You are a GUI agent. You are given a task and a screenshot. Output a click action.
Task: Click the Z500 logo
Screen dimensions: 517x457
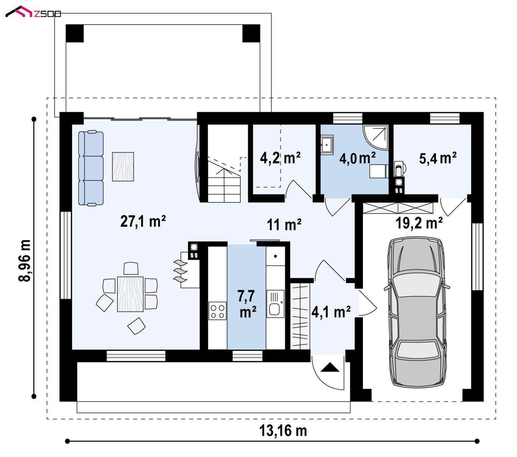pyautogui.click(x=33, y=12)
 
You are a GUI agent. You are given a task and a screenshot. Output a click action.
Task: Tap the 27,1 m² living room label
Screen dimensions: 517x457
pyautogui.click(x=143, y=221)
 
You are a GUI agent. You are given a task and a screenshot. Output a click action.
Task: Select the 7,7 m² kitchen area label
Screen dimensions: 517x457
pyautogui.click(x=247, y=304)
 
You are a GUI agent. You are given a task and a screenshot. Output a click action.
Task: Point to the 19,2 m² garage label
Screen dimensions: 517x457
pyautogui.click(x=419, y=223)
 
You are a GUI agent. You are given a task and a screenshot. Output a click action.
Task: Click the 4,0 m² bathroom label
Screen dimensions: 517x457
pyautogui.click(x=357, y=158)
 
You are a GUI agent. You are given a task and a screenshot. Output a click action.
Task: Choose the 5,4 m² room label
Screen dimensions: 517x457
pyautogui.click(x=438, y=158)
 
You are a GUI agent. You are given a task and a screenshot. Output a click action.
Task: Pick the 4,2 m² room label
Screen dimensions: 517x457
pyautogui.click(x=280, y=158)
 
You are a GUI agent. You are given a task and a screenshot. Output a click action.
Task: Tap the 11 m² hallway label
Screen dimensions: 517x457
pyautogui.click(x=284, y=225)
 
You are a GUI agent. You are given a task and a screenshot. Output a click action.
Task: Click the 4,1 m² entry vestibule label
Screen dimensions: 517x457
pyautogui.click(x=331, y=312)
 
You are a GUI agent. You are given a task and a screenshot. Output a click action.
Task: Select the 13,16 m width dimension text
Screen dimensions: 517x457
pyautogui.click(x=283, y=431)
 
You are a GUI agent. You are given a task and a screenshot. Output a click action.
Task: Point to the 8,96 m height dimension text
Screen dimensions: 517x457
pyautogui.click(x=25, y=261)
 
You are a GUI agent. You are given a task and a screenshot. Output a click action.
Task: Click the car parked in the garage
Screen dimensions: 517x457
pyautogui.click(x=417, y=312)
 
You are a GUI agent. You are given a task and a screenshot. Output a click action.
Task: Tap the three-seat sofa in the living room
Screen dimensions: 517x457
pyautogui.click(x=91, y=168)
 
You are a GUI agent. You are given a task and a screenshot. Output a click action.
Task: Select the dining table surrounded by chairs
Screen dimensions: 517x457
pyautogui.click(x=130, y=294)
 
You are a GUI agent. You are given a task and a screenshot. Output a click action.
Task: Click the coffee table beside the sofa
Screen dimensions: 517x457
pyautogui.click(x=123, y=167)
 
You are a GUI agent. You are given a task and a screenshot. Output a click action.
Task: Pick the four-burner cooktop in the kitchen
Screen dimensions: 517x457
pyautogui.click(x=217, y=311)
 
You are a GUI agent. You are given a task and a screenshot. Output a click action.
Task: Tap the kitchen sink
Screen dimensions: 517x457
pyautogui.click(x=275, y=304)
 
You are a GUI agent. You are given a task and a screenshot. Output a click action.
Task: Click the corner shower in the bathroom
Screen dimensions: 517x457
pyautogui.click(x=375, y=137)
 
